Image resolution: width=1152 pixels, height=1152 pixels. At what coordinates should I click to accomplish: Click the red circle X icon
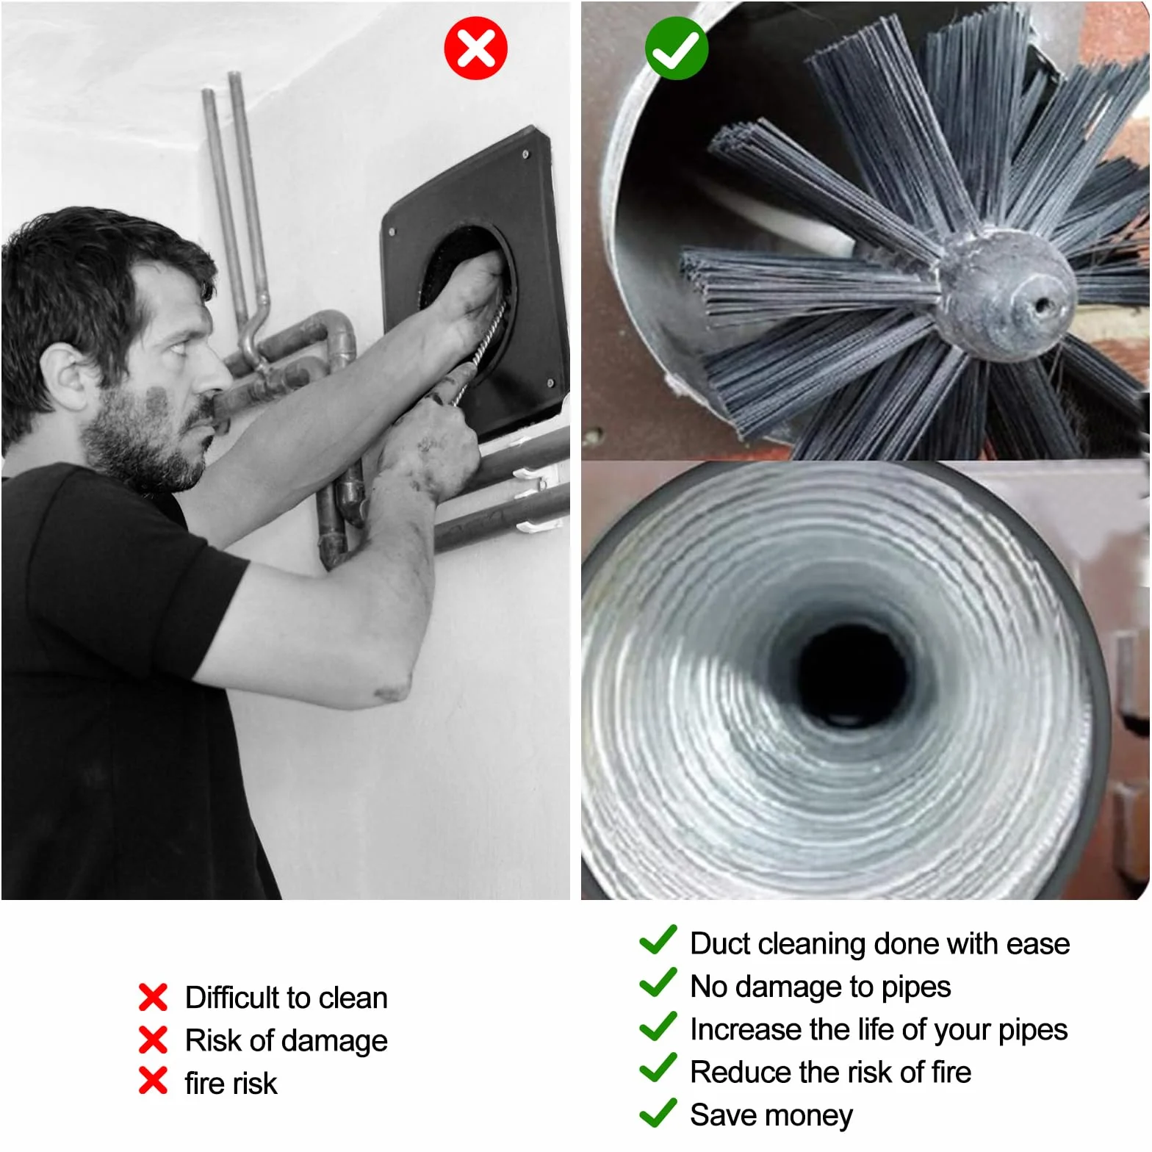[475, 48]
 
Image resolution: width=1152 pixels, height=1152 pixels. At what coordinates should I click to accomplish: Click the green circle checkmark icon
[677, 48]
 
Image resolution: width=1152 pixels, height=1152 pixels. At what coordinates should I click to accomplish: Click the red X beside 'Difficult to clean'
[153, 997]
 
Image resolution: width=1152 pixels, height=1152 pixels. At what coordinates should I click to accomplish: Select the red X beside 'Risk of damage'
[153, 1040]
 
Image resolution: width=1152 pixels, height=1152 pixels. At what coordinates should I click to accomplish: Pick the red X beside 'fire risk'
[153, 1081]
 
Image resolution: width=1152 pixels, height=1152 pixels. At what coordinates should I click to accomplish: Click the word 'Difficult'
[233, 998]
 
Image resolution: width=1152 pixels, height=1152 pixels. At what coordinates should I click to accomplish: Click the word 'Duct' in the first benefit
[719, 943]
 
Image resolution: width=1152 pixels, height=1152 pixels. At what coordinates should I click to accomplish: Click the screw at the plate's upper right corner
[525, 155]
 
